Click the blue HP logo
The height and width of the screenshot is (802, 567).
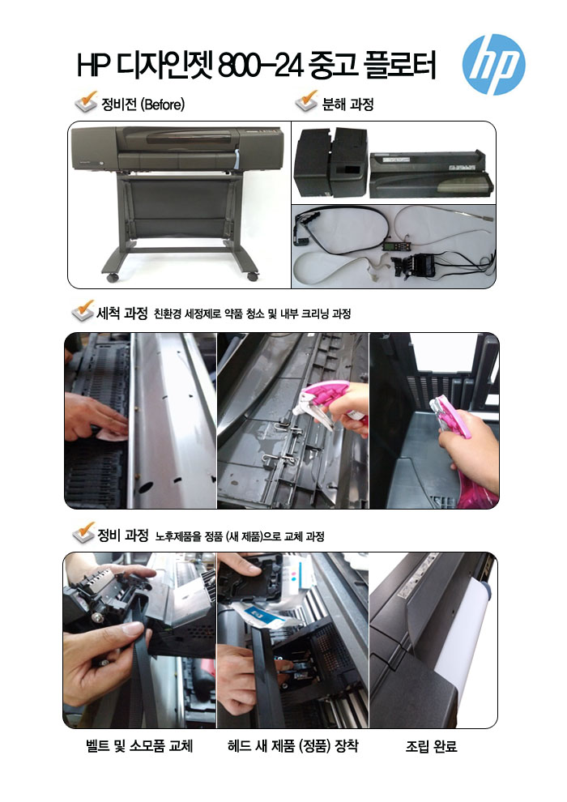tap(493, 65)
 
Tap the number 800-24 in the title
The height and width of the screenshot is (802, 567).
tap(262, 66)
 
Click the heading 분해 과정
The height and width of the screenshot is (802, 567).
tap(348, 105)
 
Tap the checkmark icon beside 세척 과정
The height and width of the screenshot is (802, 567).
tap(83, 310)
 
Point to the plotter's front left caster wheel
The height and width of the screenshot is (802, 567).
tap(113, 278)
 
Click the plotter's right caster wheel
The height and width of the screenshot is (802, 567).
tap(253, 276)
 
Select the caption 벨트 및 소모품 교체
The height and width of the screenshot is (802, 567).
tap(139, 746)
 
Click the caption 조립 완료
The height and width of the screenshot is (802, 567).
tap(432, 747)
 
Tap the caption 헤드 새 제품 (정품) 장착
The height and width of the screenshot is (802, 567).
tap(293, 746)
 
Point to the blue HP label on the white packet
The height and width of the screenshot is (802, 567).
tap(262, 616)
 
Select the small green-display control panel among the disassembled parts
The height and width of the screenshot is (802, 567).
tap(391, 246)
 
